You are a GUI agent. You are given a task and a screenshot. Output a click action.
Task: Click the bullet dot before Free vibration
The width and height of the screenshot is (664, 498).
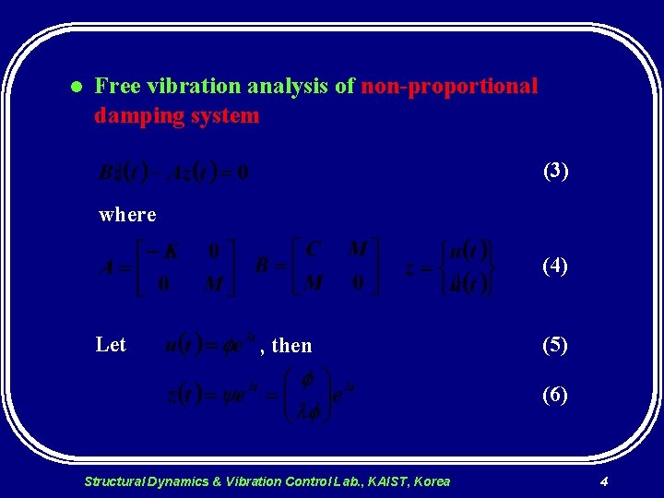click(x=77, y=88)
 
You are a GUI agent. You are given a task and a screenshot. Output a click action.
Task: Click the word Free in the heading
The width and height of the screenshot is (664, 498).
click(x=116, y=87)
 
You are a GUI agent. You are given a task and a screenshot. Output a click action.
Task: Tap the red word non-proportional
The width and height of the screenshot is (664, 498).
click(x=449, y=87)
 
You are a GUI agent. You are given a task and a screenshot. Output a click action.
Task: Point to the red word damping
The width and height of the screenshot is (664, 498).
click(x=134, y=116)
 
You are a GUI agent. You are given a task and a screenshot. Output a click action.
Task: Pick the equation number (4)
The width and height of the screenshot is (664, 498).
click(x=555, y=267)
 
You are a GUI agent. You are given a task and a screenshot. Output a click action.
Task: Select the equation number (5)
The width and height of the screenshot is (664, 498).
click(x=555, y=346)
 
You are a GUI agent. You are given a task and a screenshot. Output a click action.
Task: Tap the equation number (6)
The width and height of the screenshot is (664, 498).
click(x=555, y=396)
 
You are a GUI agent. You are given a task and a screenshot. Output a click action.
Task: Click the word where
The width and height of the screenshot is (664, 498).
click(x=127, y=215)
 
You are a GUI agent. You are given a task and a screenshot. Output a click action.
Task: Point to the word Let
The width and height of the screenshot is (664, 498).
click(x=111, y=345)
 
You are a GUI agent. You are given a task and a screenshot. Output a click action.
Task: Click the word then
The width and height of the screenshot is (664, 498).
click(x=292, y=346)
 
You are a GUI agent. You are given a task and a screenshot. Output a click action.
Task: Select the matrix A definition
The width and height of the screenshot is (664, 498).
click(x=166, y=267)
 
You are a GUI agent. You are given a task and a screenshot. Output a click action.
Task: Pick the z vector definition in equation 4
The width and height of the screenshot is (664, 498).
click(x=452, y=267)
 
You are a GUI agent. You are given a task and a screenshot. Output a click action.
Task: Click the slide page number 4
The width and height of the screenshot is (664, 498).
click(x=603, y=481)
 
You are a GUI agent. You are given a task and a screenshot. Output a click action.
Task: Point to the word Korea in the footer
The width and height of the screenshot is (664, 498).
click(x=433, y=481)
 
